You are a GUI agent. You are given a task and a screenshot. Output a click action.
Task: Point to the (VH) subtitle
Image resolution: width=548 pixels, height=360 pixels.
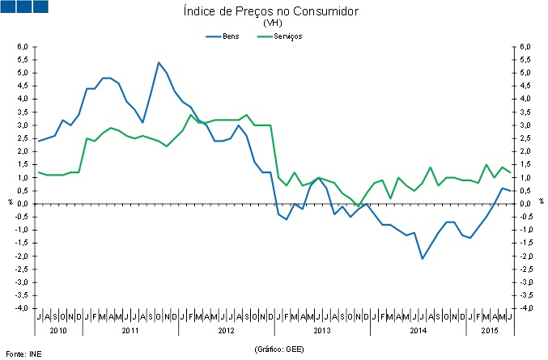pyautogui.click(x=273, y=23)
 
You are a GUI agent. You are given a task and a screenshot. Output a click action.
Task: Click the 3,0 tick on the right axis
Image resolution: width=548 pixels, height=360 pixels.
pyautogui.click(x=525, y=125)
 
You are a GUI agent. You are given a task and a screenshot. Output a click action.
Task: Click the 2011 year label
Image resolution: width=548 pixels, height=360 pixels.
pyautogui.click(x=130, y=330)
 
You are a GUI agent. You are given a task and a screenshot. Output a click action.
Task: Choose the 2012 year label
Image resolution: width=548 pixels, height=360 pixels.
pyautogui.click(x=226, y=330)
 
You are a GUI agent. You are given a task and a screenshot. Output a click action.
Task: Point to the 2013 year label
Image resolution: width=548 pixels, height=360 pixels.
pyautogui.click(x=322, y=330)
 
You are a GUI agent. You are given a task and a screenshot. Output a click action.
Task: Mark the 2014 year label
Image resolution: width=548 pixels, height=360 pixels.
pyautogui.click(x=418, y=330)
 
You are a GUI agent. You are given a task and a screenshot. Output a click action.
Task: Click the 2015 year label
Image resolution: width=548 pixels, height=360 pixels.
pyautogui.click(x=490, y=330)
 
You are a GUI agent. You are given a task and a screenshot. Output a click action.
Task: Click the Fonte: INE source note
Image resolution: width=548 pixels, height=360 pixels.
pyautogui.click(x=23, y=354)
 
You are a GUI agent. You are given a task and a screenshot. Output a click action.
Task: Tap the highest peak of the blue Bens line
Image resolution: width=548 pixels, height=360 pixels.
pyautogui.click(x=159, y=62)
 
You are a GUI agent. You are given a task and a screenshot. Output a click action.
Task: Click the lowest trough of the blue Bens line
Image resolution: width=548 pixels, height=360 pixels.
pyautogui.click(x=422, y=258)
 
